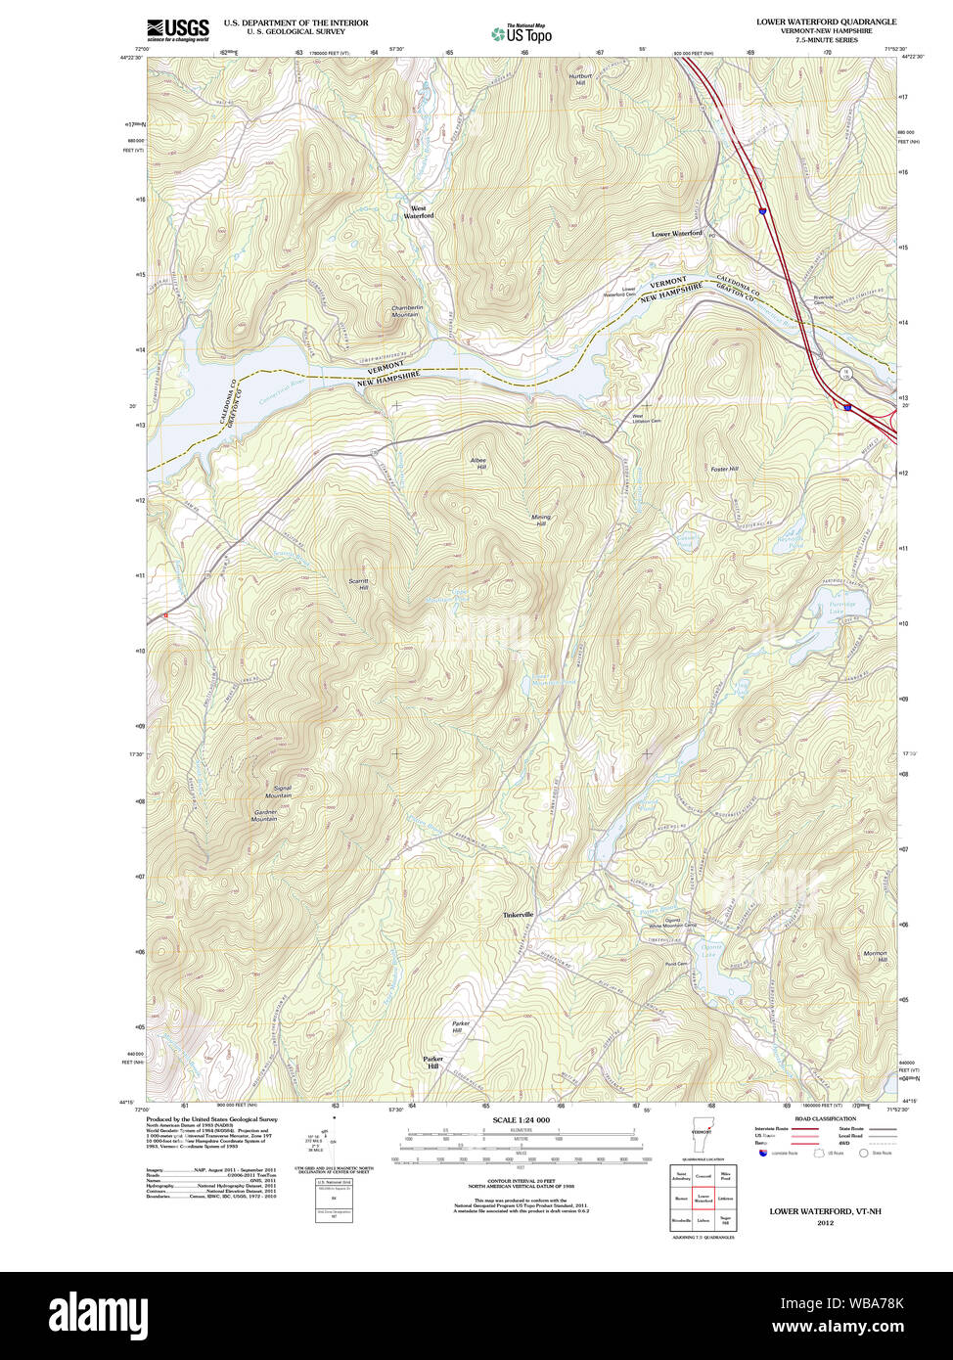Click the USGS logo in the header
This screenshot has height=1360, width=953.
[177, 29]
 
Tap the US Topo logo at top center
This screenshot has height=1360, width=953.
[522, 34]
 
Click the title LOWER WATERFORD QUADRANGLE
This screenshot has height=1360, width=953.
[826, 21]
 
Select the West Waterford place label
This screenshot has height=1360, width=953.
[419, 212]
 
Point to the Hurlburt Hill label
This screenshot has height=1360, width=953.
[580, 79]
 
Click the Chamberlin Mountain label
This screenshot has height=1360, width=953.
[407, 311]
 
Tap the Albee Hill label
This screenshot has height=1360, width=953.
[477, 464]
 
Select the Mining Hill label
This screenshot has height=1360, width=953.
[540, 521]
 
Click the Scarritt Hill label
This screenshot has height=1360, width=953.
[359, 584]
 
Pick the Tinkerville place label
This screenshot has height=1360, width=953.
[519, 914]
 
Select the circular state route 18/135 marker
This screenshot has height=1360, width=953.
[843, 374]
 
